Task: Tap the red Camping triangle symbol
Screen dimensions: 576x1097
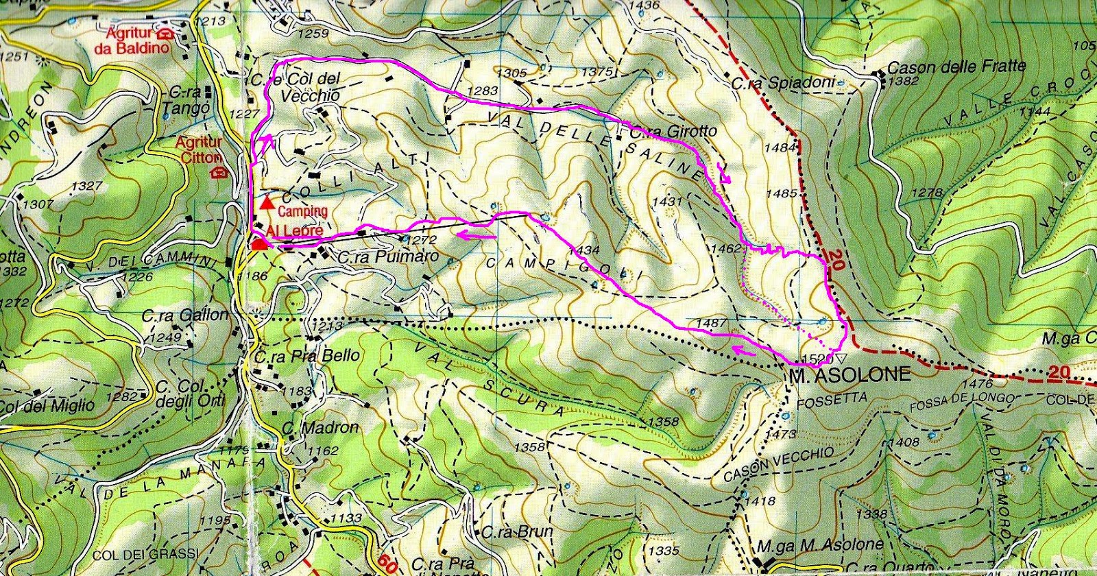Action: [267, 202]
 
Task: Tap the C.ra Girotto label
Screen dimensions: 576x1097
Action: [671, 131]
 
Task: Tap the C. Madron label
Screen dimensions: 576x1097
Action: [321, 428]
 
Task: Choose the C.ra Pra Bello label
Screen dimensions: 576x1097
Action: [306, 356]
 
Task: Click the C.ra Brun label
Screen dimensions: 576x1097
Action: [507, 531]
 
